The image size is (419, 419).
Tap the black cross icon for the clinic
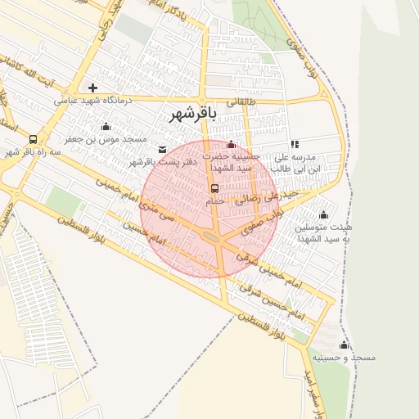93,88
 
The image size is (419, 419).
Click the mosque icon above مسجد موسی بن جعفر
106,126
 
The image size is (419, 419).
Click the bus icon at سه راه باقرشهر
33,139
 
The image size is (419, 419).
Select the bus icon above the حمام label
215,187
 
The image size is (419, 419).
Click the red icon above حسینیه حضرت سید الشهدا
232,144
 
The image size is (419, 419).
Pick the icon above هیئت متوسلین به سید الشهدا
324,215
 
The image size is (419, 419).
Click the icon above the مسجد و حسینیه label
344,345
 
